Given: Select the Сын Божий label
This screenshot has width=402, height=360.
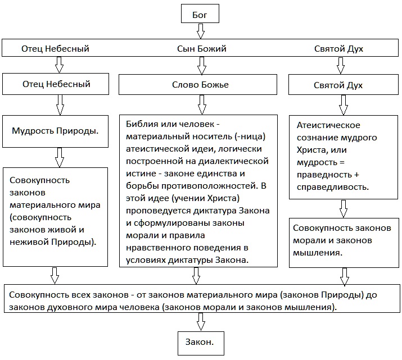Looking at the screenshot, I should click(x=201, y=49).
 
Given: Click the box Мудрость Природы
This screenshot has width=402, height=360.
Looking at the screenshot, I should click(x=56, y=131).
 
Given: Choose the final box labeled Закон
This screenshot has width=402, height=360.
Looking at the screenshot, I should click(x=201, y=340).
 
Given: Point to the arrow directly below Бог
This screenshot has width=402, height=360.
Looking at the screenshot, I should click(x=201, y=30).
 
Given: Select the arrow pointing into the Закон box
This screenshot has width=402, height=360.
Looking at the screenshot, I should click(x=201, y=321).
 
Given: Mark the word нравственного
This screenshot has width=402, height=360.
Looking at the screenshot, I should click(x=156, y=247).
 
